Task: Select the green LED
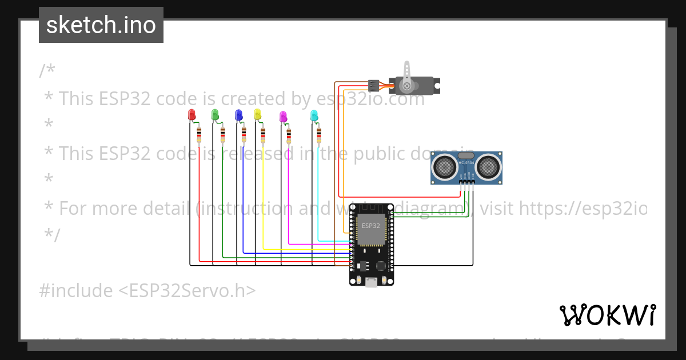(215, 115)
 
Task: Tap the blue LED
(239, 115)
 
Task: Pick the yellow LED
(257, 114)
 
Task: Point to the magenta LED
(282, 117)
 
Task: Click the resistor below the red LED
(199, 135)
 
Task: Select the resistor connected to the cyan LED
(318, 135)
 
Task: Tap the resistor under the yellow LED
(263, 135)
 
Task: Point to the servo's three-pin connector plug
(374, 86)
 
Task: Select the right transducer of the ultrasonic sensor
(489, 166)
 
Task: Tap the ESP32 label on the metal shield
(370, 226)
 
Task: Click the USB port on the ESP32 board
(372, 282)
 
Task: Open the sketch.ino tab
(101, 25)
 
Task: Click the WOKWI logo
(607, 315)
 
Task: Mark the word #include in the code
(76, 291)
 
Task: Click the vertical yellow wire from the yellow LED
(263, 194)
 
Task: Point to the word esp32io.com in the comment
(372, 99)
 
